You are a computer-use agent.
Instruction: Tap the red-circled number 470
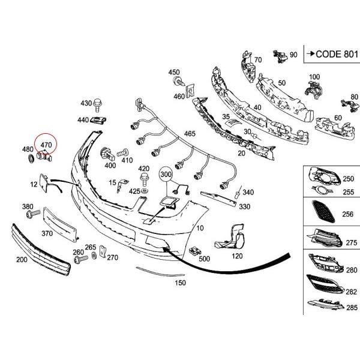tap(46, 145)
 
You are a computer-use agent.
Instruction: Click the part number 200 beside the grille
tap(22, 260)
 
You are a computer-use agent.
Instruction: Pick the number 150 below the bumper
tap(179, 282)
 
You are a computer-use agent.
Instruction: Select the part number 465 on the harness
tap(190, 133)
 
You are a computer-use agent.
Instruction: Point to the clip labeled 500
tap(195, 250)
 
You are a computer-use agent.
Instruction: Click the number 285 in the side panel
tap(351, 306)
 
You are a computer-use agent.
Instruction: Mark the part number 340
tap(248, 193)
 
